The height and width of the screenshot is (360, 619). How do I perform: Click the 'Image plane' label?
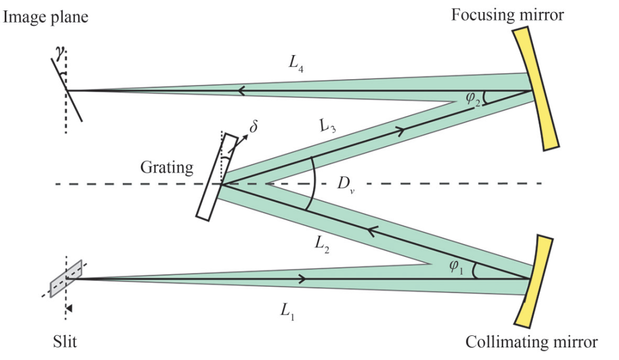point(46,17)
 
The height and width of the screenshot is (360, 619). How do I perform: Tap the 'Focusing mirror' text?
point(508,15)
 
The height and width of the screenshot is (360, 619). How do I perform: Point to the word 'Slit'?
point(65,342)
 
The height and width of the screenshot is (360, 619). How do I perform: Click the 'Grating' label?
point(167,167)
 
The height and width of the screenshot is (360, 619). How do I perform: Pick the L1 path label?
point(288,312)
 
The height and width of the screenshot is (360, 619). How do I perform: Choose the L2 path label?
point(322,244)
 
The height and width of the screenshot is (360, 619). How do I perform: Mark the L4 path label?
point(296,63)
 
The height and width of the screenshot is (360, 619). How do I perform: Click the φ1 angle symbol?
point(456,267)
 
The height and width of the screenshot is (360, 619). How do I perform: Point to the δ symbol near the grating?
point(253,126)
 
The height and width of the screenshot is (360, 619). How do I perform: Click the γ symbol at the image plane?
point(60,53)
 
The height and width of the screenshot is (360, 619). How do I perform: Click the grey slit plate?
point(66,278)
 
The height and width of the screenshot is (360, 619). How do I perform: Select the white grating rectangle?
point(217,177)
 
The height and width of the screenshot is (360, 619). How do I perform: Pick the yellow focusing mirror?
point(536,88)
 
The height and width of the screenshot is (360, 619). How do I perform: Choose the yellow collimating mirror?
point(534,281)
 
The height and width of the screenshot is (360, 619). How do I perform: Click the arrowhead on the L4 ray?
point(242,91)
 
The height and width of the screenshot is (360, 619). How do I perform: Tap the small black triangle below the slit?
point(69,308)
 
